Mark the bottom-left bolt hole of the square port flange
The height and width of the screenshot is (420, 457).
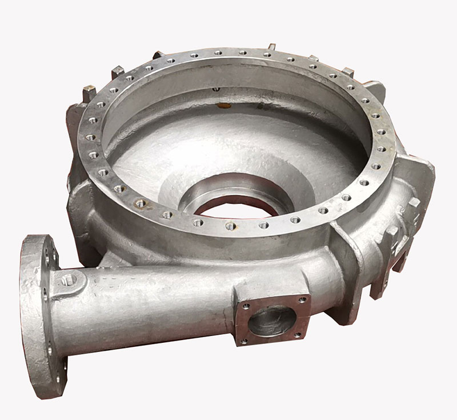(x=244, y=342)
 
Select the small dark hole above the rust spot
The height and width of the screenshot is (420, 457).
(x=217, y=90)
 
